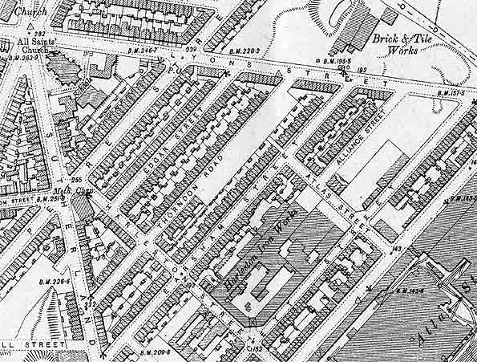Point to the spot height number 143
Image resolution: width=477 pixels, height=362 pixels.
(396, 248)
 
